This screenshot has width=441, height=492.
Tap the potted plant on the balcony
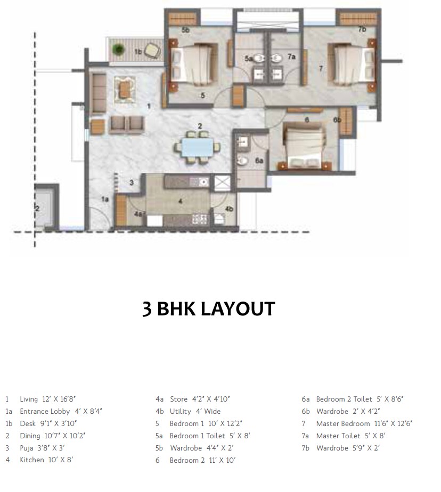pyautogui.click(x=118, y=49)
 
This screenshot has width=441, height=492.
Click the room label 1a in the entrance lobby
pyautogui.click(x=105, y=199)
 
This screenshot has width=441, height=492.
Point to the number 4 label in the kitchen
pyautogui.click(x=180, y=201)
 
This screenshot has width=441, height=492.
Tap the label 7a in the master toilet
pyautogui.click(x=291, y=56)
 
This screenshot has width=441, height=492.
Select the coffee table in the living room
pyautogui.click(x=125, y=88)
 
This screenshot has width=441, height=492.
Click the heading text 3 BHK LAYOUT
pyautogui.click(x=208, y=309)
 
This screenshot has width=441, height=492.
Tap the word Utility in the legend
pyautogui.click(x=179, y=411)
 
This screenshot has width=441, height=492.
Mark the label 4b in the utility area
pyautogui.click(x=229, y=209)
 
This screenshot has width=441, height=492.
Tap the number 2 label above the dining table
pyautogui.click(x=199, y=126)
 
